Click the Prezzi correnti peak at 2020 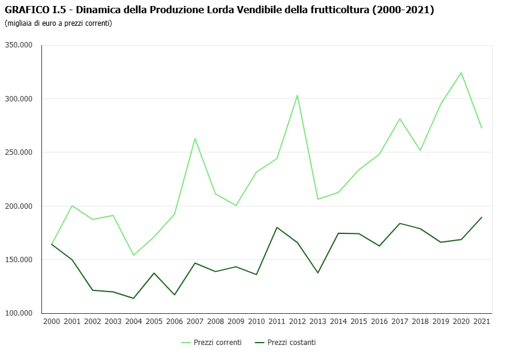tap(461, 73)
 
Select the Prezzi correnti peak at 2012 tap(298, 95)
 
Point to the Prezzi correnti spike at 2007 tap(195, 139)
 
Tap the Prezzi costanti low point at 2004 tap(133, 298)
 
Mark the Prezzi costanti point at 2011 tap(277, 227)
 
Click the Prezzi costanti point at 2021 tap(482, 217)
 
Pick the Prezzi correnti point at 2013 tap(318, 199)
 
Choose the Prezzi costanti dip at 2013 tap(318, 273)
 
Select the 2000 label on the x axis tap(52, 322)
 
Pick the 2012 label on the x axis tap(298, 322)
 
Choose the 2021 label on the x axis tap(482, 322)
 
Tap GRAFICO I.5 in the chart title tap(31, 10)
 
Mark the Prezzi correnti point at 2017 tap(400, 119)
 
